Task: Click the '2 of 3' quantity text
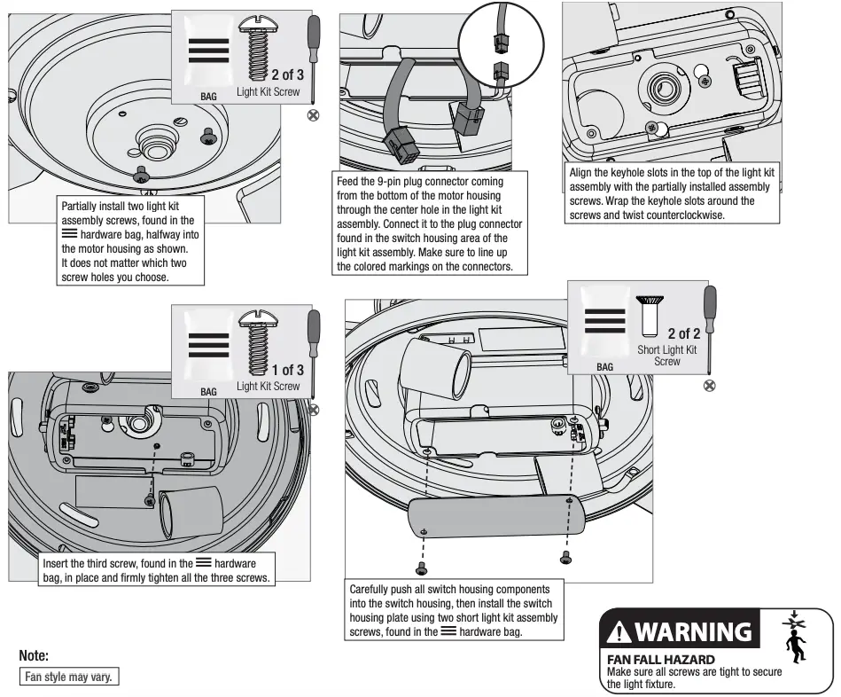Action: [x=287, y=74]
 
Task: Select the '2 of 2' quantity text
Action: [x=683, y=333]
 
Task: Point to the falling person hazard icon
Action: [x=798, y=636]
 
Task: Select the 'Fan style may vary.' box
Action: [x=69, y=676]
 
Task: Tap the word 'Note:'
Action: [x=33, y=656]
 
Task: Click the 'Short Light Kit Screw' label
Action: [x=667, y=355]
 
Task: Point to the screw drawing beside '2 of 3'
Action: [x=260, y=53]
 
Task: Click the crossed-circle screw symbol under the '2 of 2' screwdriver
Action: [x=708, y=384]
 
